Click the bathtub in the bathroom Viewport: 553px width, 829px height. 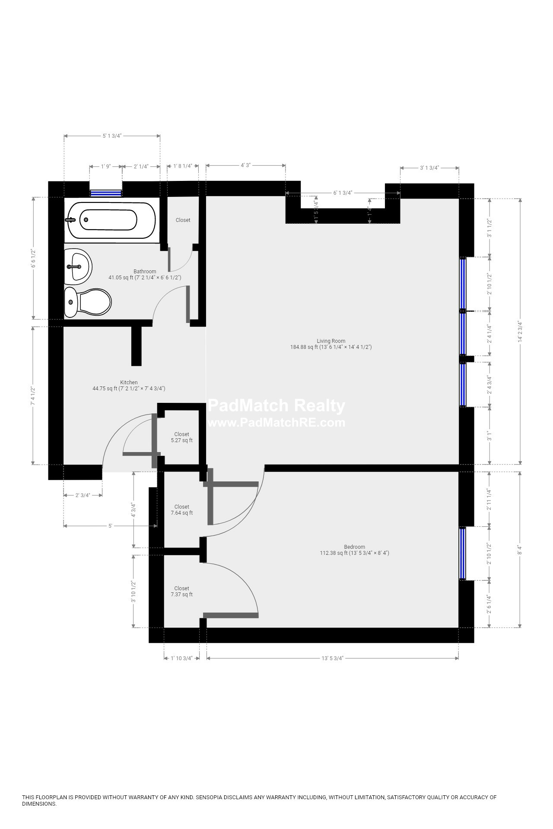coord(110,220)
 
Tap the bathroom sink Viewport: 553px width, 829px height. coord(79,266)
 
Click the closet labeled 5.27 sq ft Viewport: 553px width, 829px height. coord(181,437)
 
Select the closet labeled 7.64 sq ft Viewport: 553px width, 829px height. coord(181,510)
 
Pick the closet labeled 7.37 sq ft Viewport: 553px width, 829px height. coord(181,591)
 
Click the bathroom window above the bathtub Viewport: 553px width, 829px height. coord(106,193)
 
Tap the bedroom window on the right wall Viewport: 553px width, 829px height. coord(463,553)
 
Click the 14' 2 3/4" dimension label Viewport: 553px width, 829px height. coord(520,331)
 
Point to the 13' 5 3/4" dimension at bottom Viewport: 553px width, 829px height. coord(332,658)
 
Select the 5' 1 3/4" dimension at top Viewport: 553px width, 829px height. coord(112,136)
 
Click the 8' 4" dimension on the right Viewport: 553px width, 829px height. coord(520,550)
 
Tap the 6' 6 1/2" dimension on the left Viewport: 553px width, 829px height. coord(33,258)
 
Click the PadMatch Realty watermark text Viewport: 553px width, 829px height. coord(276,406)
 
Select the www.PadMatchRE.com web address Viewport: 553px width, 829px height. coord(276,422)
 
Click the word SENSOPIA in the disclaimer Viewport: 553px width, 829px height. coord(209,797)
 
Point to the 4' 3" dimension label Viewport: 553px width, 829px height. coord(245,165)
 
